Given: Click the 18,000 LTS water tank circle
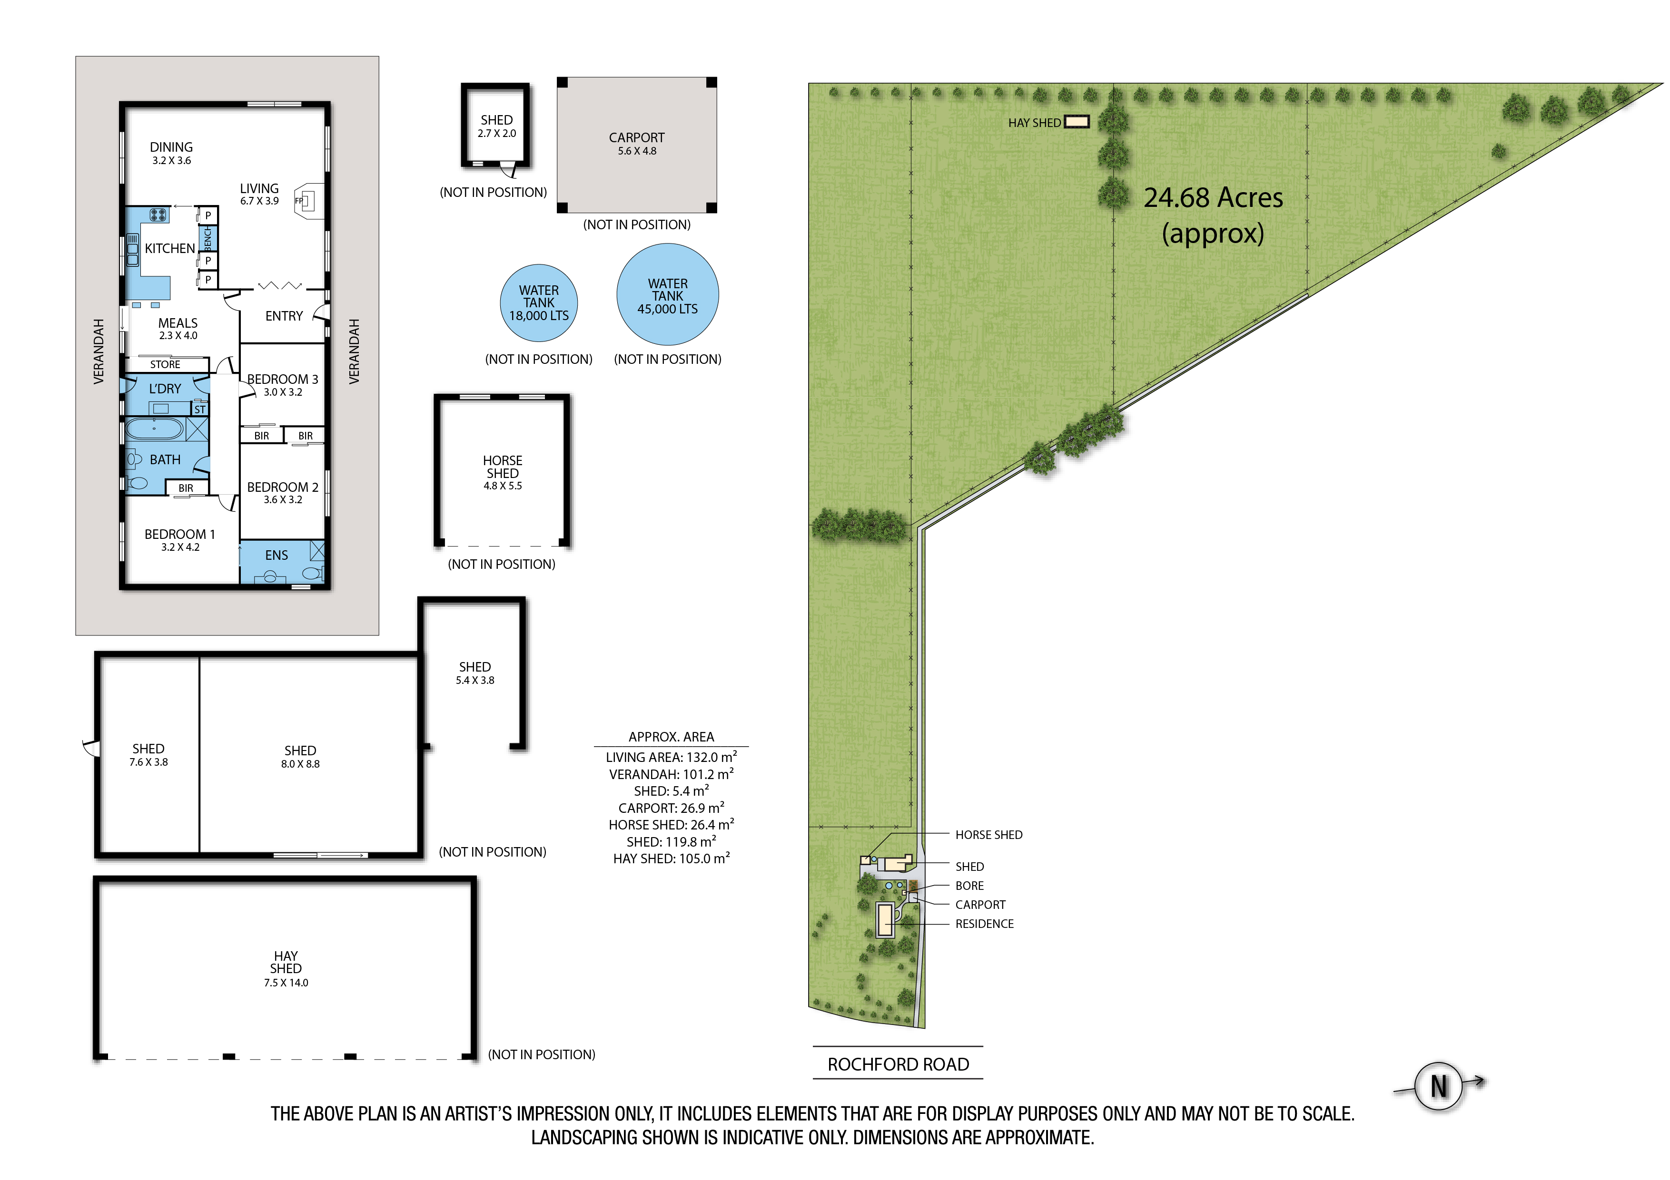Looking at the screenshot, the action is coord(539,303).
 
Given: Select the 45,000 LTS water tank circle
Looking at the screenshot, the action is coord(668,294).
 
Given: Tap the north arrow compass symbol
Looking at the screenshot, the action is coord(1440,1086).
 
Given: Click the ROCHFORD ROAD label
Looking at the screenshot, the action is coord(898,1064).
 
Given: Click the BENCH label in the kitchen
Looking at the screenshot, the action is coord(208,238).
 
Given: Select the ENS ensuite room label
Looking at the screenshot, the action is coord(277,556).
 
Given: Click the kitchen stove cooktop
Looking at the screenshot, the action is coord(158,215).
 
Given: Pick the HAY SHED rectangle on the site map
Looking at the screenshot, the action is coord(1077,122).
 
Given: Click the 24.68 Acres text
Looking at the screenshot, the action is coord(1213,198).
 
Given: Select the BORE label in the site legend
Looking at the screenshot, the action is coord(969,886).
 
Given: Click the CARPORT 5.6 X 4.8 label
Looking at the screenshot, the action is coord(636,143).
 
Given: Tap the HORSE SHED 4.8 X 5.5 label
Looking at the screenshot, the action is coord(503,473).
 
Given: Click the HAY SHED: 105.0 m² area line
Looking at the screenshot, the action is coord(672,858).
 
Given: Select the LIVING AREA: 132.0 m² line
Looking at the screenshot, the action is coord(672,757).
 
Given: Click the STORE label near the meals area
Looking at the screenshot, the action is coord(165,364).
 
